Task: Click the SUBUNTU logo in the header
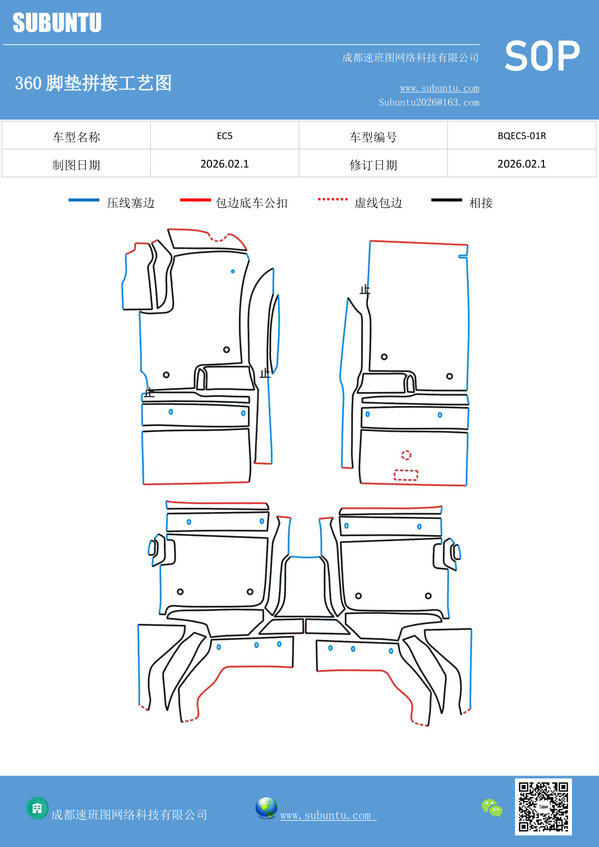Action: (57, 23)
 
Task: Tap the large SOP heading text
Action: (542, 56)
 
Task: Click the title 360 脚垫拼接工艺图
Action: (93, 83)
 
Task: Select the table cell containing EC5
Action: (224, 136)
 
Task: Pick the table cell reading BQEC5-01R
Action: (521, 136)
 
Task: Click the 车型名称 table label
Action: (76, 137)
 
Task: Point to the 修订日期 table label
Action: (373, 165)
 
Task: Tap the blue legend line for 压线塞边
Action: (84, 200)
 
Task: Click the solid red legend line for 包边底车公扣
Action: (195, 200)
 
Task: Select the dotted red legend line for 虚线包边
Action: (333, 199)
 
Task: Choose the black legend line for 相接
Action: (446, 200)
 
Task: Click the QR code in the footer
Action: (543, 806)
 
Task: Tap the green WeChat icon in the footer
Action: (492, 807)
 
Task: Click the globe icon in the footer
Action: (266, 808)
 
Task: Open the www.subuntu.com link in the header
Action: (439, 88)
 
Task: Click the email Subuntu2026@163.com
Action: (429, 102)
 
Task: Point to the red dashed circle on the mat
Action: (406, 455)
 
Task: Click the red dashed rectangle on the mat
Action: (406, 475)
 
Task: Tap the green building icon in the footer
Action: (37, 808)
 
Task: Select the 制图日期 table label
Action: (76, 165)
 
